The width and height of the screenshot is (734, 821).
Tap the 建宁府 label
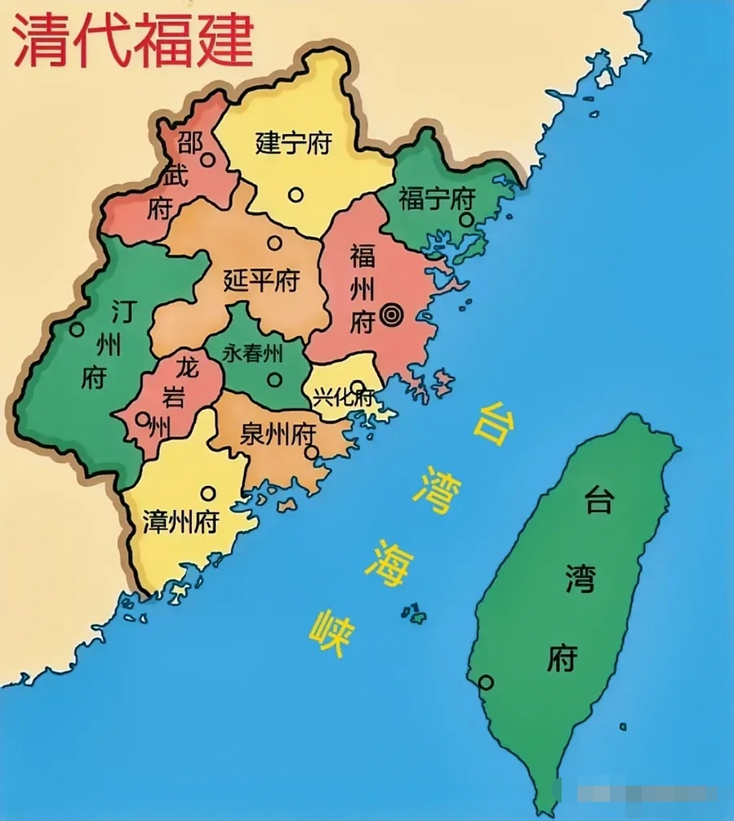coord(293,142)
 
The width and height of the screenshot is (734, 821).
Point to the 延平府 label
coord(262,280)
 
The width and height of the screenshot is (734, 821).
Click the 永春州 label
coord(253,352)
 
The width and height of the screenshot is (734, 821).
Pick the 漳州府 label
coord(181,522)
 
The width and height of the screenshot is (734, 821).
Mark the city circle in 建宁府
coord(295,194)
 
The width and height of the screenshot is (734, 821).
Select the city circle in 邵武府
coord(207,159)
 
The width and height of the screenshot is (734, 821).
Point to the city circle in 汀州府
coord(77,330)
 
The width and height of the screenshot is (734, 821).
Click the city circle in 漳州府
coord(208,493)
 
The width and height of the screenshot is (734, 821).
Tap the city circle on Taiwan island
coord(486,682)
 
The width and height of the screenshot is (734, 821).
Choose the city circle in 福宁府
coord(466,220)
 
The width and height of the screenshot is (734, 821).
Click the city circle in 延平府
coord(275,242)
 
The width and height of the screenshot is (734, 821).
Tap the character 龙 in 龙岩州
coord(187,368)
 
